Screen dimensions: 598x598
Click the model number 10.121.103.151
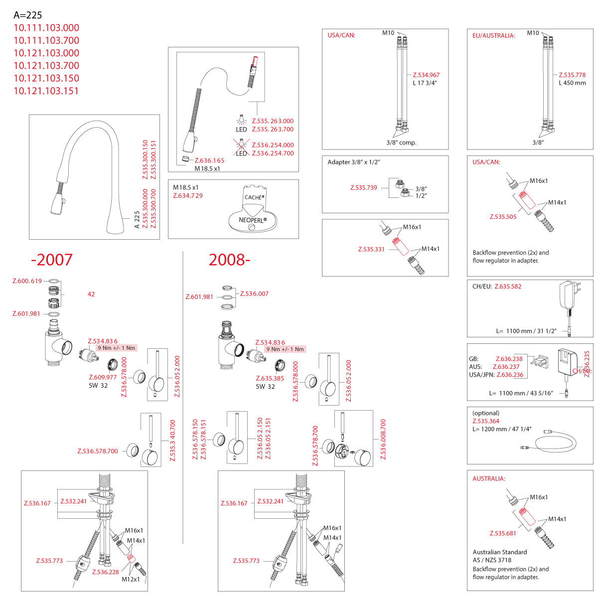point(46,91)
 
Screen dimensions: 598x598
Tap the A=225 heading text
point(27,15)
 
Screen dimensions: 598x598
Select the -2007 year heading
point(51,260)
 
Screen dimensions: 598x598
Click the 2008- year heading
point(229,260)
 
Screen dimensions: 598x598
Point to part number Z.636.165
point(209,160)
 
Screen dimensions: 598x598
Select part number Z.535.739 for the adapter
point(363,187)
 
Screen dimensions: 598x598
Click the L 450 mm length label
point(572,83)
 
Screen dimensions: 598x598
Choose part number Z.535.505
point(503,217)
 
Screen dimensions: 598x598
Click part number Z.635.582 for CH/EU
point(508,286)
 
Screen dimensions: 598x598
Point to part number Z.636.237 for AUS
point(506,367)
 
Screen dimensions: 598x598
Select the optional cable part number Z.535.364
point(486,421)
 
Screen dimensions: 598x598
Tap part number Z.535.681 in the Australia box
point(503,533)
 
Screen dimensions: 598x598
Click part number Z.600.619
point(27,281)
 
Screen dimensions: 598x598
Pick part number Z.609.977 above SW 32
point(103,377)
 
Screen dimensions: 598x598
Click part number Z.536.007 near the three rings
point(254,294)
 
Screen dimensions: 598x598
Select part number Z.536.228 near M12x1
point(106,572)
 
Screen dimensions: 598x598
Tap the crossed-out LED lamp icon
point(241,145)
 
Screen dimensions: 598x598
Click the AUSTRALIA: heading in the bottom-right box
point(489,478)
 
